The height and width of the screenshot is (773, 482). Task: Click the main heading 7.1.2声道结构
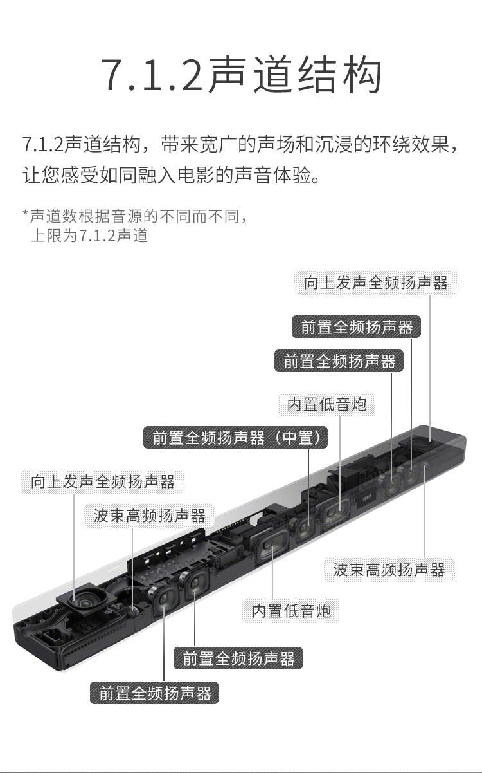[242, 75]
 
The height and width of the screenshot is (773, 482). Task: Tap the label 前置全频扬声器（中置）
[236, 438]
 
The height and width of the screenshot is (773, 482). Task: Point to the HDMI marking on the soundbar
[367, 498]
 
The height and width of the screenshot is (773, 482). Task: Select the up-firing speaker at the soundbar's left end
[85, 601]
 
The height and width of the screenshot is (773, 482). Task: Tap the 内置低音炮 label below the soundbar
[291, 611]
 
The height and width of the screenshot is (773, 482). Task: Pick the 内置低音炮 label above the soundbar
[326, 404]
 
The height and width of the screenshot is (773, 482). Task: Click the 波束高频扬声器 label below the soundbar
[389, 570]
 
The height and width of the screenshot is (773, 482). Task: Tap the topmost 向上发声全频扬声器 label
[376, 283]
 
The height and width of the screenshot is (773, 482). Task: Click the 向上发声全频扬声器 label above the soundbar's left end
[103, 481]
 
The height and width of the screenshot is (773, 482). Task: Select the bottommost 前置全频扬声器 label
[155, 693]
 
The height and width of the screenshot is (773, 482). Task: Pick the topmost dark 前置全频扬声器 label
[357, 327]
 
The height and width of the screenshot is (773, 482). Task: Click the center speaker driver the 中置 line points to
[304, 527]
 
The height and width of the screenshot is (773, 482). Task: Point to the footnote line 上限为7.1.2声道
[89, 236]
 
